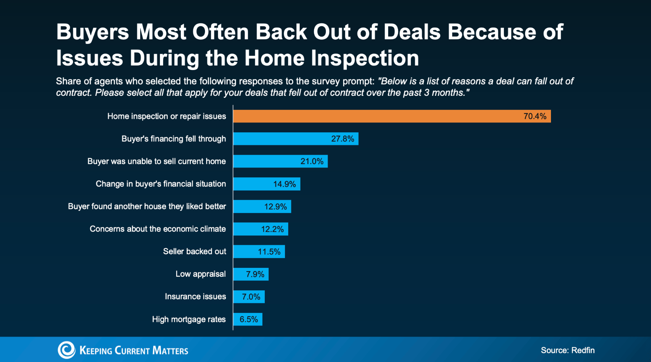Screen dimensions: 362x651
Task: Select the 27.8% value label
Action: click(x=342, y=139)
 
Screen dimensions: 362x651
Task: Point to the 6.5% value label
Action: click(x=248, y=319)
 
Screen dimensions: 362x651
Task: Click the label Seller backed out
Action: click(x=194, y=251)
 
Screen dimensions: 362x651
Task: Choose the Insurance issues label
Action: click(x=195, y=296)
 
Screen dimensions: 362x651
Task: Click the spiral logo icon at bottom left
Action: click(x=66, y=350)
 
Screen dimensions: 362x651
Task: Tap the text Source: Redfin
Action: click(x=567, y=350)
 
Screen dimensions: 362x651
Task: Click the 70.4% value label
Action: click(x=535, y=116)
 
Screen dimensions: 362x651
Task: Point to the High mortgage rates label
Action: click(x=189, y=319)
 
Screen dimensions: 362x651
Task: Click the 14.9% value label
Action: click(x=285, y=184)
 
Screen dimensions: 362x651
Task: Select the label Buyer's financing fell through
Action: click(x=173, y=139)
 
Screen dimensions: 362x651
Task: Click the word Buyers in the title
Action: click(x=93, y=32)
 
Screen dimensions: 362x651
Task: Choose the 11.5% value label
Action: click(x=269, y=252)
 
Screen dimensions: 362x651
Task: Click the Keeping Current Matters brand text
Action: click(x=134, y=351)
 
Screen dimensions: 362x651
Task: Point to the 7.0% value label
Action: click(x=251, y=297)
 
